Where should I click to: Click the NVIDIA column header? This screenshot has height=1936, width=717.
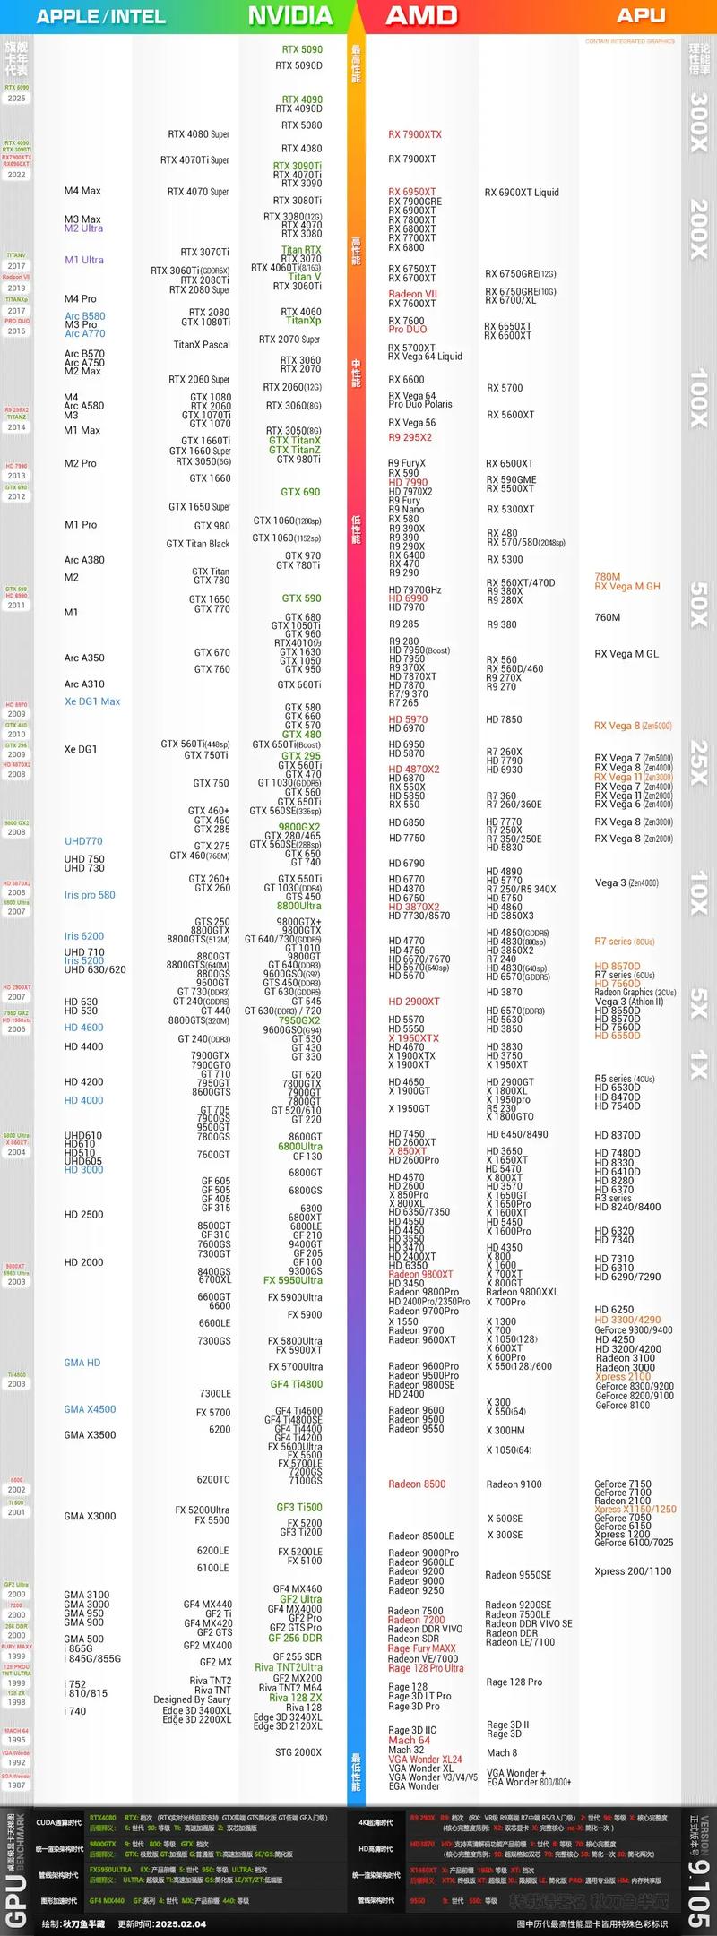(289, 15)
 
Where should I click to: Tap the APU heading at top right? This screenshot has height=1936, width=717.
(641, 15)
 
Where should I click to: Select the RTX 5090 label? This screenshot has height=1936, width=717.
(302, 49)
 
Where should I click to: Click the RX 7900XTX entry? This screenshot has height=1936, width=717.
(414, 134)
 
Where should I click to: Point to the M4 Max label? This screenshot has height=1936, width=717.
(82, 191)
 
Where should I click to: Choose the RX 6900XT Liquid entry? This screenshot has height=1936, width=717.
(522, 193)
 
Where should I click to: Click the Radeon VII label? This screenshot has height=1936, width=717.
(412, 294)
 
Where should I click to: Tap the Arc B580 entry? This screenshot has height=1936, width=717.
(84, 316)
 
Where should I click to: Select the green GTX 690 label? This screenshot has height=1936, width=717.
(300, 492)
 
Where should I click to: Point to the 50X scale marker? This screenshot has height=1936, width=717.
(699, 605)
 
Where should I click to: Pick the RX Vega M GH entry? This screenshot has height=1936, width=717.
(626, 587)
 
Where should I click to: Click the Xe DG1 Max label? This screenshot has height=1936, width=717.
(91, 701)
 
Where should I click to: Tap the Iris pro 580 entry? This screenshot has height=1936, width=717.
(90, 895)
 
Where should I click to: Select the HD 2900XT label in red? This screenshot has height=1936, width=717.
(414, 1002)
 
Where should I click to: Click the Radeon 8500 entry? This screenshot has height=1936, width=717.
(417, 1484)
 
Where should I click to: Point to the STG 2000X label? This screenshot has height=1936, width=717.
(298, 1752)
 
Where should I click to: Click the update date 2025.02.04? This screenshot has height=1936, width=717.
(180, 1924)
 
